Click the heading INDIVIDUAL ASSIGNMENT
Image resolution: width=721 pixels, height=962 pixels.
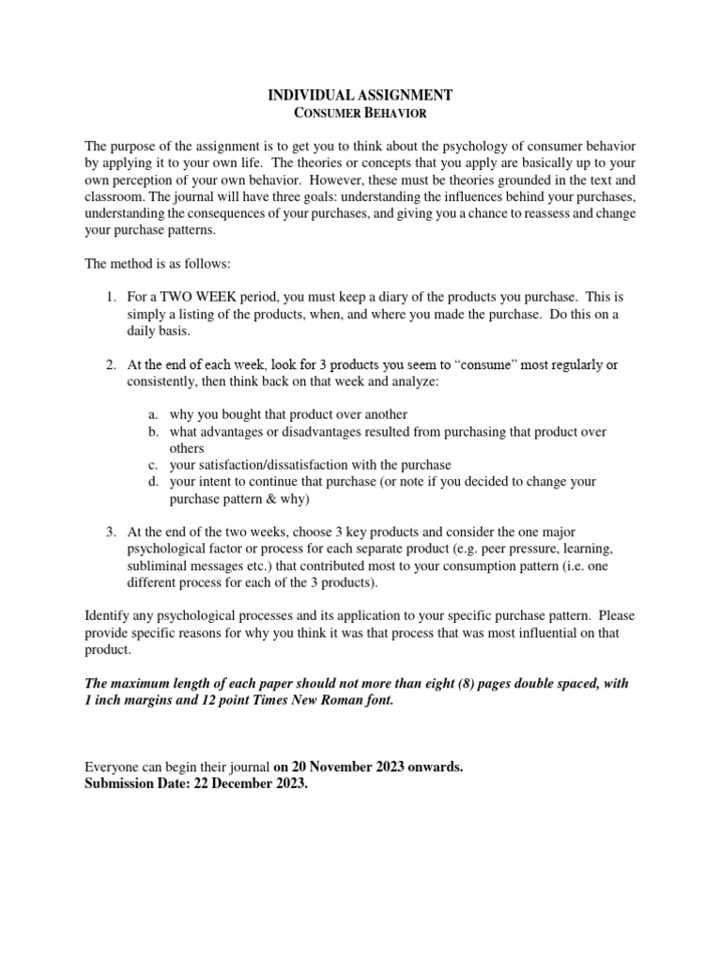tap(360, 95)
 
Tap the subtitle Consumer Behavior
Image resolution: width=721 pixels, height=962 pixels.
tap(360, 113)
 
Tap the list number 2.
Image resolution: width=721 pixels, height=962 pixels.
tap(110, 365)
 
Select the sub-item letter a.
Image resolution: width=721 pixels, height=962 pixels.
tap(152, 414)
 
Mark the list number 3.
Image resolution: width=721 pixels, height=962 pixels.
tap(110, 533)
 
